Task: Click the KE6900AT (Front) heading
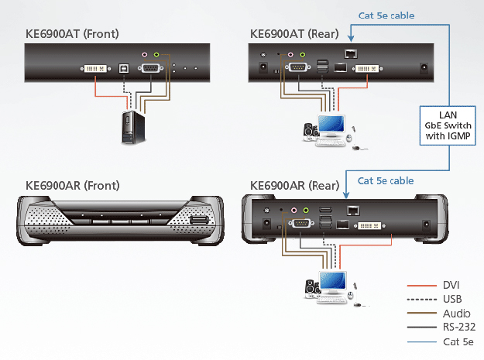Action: pyautogui.click(x=74, y=34)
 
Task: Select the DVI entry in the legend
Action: pyautogui.click(x=449, y=286)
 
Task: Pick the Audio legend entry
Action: pyautogui.click(x=451, y=314)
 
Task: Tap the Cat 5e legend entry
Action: pyautogui.click(x=453, y=341)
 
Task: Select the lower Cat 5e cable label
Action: pyautogui.click(x=385, y=180)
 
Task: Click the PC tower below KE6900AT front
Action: pyautogui.click(x=130, y=129)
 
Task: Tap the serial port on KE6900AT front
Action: pyautogui.click(x=151, y=69)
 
